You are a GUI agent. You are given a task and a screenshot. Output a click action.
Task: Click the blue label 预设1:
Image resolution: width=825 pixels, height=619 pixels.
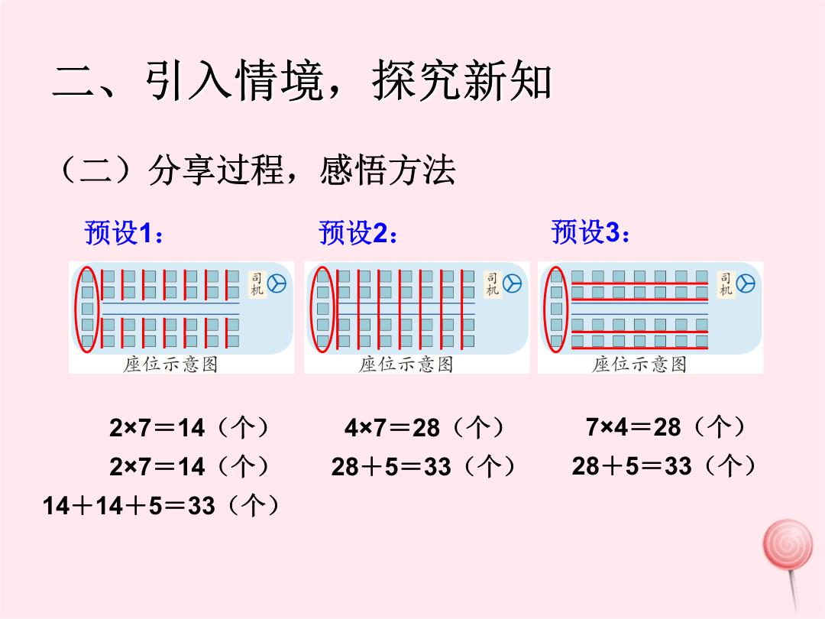[124, 232]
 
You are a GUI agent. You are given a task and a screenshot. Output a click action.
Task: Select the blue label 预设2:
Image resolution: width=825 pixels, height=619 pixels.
[357, 232]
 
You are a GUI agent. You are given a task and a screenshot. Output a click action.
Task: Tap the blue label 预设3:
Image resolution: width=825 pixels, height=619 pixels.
[590, 232]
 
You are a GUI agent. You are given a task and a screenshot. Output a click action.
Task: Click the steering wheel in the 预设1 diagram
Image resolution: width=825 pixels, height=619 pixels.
[277, 284]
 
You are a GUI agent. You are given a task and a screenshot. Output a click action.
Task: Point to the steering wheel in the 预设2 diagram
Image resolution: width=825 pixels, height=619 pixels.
[512, 284]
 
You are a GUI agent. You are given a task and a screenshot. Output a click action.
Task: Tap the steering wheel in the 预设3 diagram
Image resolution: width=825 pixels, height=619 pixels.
[746, 284]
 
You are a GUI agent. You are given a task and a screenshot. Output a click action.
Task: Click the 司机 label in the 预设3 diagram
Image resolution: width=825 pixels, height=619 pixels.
[726, 284]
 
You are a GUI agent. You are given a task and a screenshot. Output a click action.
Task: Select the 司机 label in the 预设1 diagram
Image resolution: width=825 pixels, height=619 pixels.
[256, 284]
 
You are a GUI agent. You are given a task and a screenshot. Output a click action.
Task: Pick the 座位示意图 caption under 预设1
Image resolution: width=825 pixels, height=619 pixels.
[170, 365]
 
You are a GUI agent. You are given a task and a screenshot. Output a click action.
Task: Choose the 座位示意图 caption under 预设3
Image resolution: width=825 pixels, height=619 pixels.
[639, 365]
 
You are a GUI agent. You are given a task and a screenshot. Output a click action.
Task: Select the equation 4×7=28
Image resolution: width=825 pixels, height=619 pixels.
[392, 428]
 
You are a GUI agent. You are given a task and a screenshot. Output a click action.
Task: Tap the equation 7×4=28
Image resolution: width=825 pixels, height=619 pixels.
[633, 427]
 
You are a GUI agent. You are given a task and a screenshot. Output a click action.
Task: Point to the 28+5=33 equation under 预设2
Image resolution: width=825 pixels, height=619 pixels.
[391, 467]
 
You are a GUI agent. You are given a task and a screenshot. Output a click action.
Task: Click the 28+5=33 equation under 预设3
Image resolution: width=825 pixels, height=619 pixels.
[632, 466]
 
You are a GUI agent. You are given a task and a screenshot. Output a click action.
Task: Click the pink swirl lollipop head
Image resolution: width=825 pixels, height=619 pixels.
[788, 544]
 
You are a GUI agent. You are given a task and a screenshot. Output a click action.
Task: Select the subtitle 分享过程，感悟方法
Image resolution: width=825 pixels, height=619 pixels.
[302, 170]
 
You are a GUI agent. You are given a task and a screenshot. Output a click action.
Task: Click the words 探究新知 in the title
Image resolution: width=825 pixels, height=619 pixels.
[462, 80]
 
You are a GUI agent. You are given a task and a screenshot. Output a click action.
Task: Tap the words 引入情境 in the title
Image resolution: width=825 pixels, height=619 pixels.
[235, 80]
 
